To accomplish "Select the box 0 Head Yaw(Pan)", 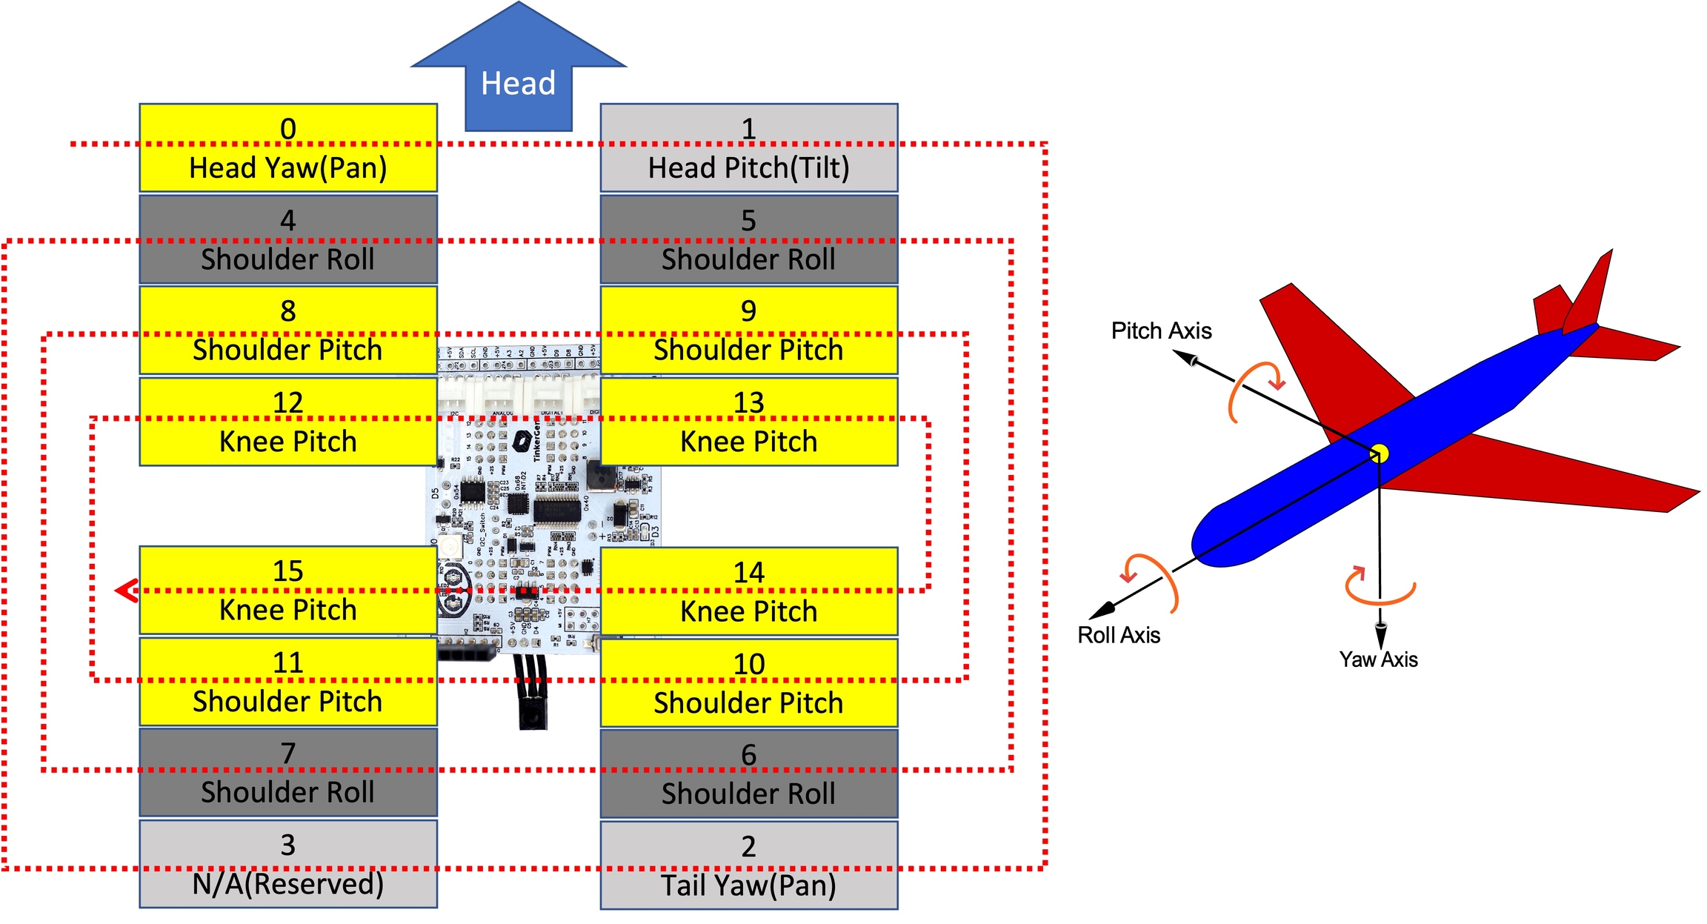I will [288, 148].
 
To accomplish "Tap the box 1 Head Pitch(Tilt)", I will [748, 148].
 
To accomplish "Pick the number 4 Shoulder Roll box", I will [288, 239].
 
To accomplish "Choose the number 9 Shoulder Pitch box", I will [748, 330].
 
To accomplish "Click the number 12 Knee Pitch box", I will [288, 422].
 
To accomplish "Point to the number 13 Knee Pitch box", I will [748, 422].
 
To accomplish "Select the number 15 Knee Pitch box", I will [288, 591].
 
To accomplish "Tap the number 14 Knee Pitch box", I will [748, 591].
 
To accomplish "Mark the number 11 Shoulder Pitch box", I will [288, 682].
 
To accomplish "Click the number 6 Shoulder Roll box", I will [748, 774].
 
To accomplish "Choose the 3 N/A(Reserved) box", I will [288, 864].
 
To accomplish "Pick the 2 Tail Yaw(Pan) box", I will [748, 865].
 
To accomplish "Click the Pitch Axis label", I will [1161, 331].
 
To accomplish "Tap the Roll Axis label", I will [1119, 636].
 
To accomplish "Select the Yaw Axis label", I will [1378, 659].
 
